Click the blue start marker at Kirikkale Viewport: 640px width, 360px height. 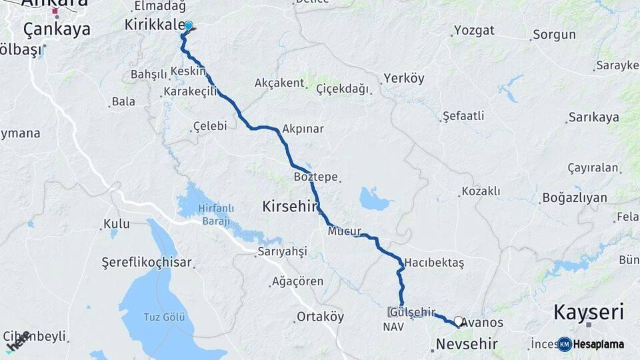[188, 26]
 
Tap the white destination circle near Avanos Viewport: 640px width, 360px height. [458, 321]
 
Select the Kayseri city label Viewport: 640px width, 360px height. [589, 311]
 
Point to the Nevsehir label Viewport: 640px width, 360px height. [467, 344]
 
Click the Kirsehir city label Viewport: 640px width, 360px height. [289, 207]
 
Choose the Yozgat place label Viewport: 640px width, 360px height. [474, 30]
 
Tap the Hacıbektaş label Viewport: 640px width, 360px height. [434, 262]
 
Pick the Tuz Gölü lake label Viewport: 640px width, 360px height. [165, 316]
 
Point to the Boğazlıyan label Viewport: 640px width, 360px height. [574, 197]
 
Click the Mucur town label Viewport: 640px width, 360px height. [344, 232]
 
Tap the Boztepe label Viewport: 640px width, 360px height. [313, 177]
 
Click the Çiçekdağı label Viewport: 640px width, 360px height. [342, 89]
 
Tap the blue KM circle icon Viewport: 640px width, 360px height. [565, 344]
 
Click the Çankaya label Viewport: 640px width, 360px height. [47, 29]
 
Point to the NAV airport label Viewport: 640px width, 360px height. [393, 327]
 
